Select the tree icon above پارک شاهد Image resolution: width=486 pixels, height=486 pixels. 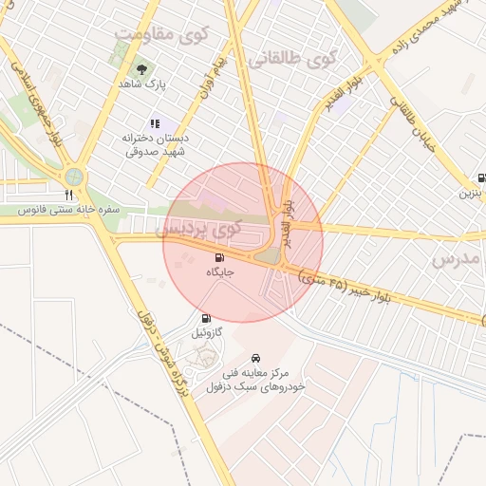(x=142, y=69)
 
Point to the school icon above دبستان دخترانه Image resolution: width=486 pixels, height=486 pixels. (x=155, y=123)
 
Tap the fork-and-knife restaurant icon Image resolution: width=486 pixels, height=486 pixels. (x=68, y=194)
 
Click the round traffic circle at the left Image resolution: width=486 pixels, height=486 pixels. (x=74, y=176)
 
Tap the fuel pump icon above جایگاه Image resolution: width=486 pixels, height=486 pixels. (x=220, y=257)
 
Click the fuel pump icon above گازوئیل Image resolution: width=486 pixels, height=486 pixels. (x=206, y=318)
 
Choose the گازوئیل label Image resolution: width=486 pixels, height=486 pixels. (x=206, y=333)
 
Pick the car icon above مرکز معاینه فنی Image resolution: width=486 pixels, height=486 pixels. (x=256, y=359)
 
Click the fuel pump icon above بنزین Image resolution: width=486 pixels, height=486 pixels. (x=482, y=178)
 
